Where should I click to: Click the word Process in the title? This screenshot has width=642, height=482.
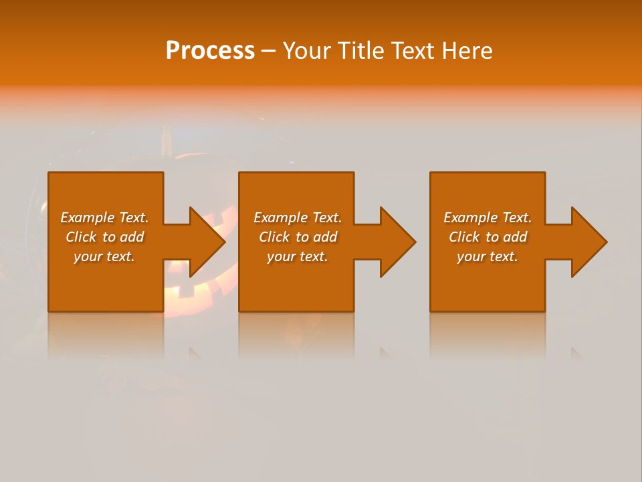pyautogui.click(x=210, y=51)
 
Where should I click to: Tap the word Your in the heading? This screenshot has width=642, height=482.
pyautogui.click(x=308, y=51)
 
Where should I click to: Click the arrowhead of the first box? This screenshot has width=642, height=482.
pyautogui.click(x=207, y=242)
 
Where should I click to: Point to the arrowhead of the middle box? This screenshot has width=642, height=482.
pyautogui.click(x=397, y=242)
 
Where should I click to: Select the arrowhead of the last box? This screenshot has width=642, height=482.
pyautogui.click(x=588, y=242)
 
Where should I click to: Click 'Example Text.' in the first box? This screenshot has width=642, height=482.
pyautogui.click(x=104, y=218)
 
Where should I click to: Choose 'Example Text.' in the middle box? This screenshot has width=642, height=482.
pyautogui.click(x=298, y=218)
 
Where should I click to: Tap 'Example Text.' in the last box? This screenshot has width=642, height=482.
pyautogui.click(x=488, y=218)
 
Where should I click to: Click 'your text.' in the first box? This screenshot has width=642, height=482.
pyautogui.click(x=104, y=256)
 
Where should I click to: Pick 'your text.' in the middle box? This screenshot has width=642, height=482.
pyautogui.click(x=298, y=256)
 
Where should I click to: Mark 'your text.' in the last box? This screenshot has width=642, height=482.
pyautogui.click(x=488, y=256)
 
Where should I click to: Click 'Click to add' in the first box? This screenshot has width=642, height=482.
pyautogui.click(x=104, y=237)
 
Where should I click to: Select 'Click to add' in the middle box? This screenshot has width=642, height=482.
pyautogui.click(x=298, y=237)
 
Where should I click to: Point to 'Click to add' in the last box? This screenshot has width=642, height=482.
pyautogui.click(x=488, y=237)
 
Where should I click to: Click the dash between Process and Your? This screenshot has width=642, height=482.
pyautogui.click(x=268, y=51)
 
